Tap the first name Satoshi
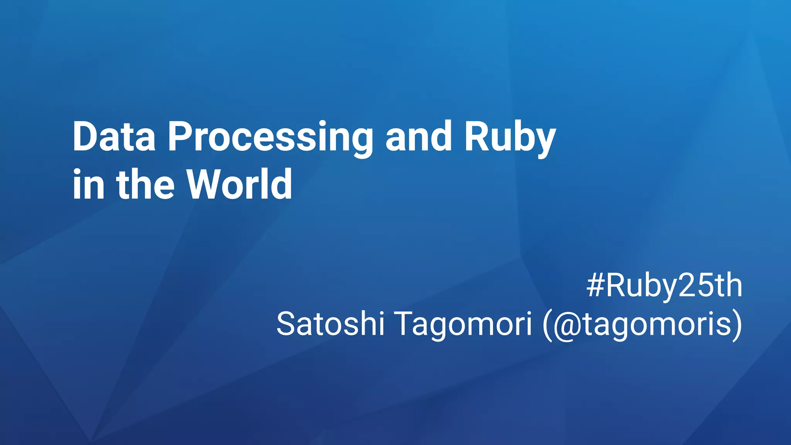pyautogui.click(x=330, y=324)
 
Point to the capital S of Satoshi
pyautogui.click(x=287, y=324)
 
